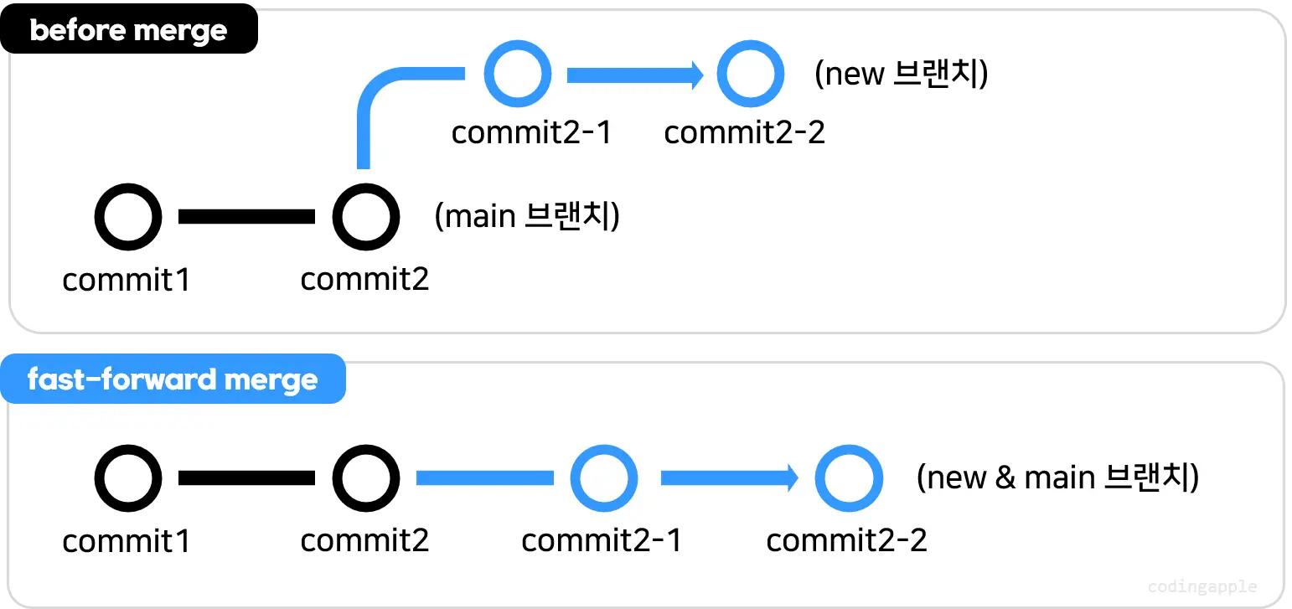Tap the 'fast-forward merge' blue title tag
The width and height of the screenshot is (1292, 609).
pyautogui.click(x=173, y=380)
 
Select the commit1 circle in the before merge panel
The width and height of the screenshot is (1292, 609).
pyautogui.click(x=127, y=217)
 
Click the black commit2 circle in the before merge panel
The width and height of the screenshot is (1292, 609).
pyautogui.click(x=365, y=217)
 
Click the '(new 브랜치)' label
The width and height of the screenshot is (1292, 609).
pyautogui.click(x=902, y=75)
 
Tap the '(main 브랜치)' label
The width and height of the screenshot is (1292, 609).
pyautogui.click(x=527, y=217)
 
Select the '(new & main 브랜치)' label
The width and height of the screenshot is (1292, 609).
pyautogui.click(x=1057, y=478)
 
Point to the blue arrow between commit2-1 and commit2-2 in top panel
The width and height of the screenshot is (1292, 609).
pyautogui.click(x=634, y=75)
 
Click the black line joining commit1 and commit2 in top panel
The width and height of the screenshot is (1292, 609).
pyautogui.click(x=246, y=217)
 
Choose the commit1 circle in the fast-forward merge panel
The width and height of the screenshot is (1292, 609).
pyautogui.click(x=127, y=478)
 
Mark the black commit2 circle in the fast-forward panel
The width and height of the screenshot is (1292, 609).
pyautogui.click(x=365, y=478)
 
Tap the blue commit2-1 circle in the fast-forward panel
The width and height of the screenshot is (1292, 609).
pyautogui.click(x=603, y=478)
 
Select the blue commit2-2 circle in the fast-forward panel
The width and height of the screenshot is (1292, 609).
pyautogui.click(x=849, y=478)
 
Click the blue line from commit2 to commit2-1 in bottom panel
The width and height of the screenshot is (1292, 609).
pyautogui.click(x=484, y=478)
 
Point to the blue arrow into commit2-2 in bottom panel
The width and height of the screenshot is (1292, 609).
pyautogui.click(x=728, y=478)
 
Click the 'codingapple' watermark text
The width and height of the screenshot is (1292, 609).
pyautogui.click(x=1202, y=587)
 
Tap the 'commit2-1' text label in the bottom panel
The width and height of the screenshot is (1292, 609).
pyautogui.click(x=602, y=540)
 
